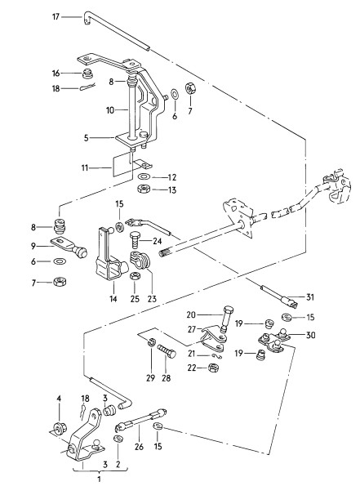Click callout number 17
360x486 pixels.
(x=56, y=16)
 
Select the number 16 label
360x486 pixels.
(x=56, y=74)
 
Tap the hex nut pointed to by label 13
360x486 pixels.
(x=144, y=189)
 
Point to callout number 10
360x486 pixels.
(x=110, y=110)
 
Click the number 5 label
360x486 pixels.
(x=87, y=137)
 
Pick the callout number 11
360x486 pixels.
(x=85, y=168)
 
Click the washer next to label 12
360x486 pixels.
(x=144, y=176)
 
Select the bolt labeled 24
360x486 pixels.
(x=135, y=239)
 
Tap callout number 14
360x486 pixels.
(x=113, y=298)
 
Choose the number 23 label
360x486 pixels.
(x=152, y=299)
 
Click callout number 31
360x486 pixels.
(x=310, y=297)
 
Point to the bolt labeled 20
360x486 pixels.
(x=226, y=318)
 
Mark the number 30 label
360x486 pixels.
(x=311, y=335)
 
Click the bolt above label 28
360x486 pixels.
(x=167, y=350)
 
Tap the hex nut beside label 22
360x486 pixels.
(x=212, y=368)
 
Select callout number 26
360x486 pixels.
(x=140, y=446)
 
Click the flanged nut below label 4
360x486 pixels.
(x=58, y=428)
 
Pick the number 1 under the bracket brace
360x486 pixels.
(x=99, y=479)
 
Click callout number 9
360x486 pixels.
(x=33, y=246)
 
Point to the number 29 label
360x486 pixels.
(x=150, y=378)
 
